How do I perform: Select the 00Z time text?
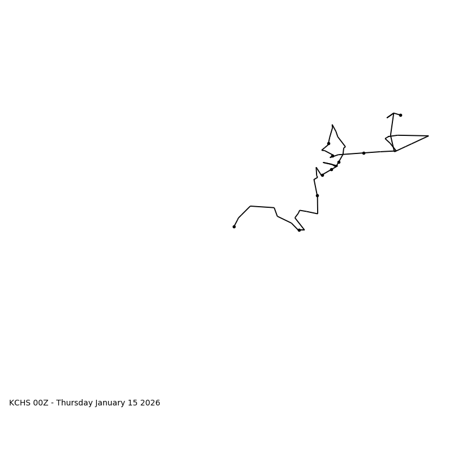click(41, 403)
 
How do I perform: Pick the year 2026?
click(152, 403)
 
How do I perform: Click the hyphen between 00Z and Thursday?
click(52, 403)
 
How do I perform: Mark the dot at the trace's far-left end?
click(234, 226)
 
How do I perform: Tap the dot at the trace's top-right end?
click(400, 115)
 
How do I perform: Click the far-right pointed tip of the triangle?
click(428, 136)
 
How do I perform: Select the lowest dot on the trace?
click(299, 230)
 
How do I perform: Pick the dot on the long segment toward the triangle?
click(364, 153)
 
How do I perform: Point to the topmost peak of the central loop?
click(332, 125)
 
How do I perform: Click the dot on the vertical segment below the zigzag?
click(317, 195)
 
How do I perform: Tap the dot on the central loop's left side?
click(328, 143)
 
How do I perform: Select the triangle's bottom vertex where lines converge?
click(395, 151)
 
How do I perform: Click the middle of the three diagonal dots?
click(332, 169)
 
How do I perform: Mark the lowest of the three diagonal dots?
click(322, 175)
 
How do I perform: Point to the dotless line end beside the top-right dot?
click(387, 118)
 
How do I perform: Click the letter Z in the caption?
click(45, 403)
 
